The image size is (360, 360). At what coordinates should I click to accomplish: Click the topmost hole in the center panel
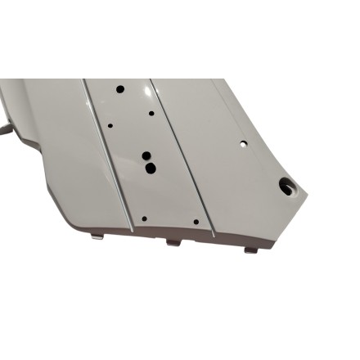pyautogui.click(x=119, y=88)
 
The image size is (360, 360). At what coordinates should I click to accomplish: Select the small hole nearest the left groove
pyautogui.click(x=110, y=126)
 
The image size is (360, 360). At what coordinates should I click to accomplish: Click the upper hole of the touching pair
pyautogui.click(x=146, y=155)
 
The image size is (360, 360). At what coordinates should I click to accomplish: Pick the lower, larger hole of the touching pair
pyautogui.click(x=150, y=168)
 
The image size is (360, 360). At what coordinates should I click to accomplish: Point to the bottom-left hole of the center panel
pyautogui.click(x=144, y=218)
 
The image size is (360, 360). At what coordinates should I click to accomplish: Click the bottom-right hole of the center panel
pyautogui.click(x=196, y=220)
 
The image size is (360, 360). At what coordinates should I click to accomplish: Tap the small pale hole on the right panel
pyautogui.click(x=243, y=142)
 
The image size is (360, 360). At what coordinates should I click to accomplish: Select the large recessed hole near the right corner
pyautogui.click(x=286, y=187)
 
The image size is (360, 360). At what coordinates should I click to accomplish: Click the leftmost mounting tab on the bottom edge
pyautogui.click(x=97, y=237)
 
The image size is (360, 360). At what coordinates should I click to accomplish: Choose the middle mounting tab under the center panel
pyautogui.click(x=173, y=241)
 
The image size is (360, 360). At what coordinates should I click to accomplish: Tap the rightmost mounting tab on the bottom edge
pyautogui.click(x=250, y=247)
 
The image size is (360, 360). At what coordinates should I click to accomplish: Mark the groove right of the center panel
pyautogui.click(x=183, y=155)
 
